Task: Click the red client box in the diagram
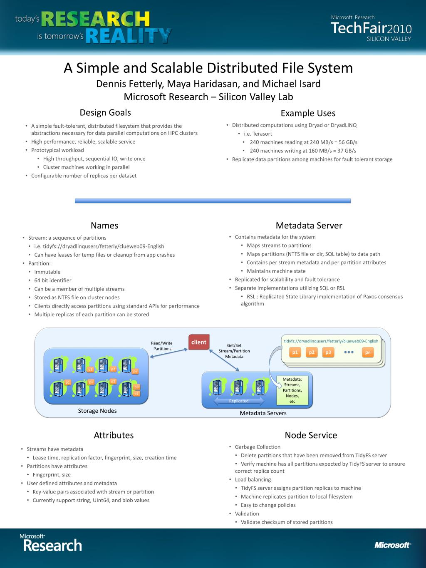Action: (198, 342)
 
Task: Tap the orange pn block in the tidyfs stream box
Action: (368, 352)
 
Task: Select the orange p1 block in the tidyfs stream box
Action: (295, 352)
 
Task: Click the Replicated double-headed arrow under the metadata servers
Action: (239, 401)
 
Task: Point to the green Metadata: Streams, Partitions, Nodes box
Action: (292, 390)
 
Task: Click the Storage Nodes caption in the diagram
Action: (97, 411)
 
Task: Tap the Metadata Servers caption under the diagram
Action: (263, 413)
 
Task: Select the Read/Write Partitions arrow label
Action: (162, 346)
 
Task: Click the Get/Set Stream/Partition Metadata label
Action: (234, 351)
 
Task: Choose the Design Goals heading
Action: (105, 112)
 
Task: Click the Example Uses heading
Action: (308, 113)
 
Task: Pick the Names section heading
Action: (104, 226)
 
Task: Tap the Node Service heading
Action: (311, 435)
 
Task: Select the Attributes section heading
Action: (114, 435)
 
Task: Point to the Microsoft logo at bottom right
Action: (392, 545)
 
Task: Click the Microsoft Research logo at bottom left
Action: (51, 543)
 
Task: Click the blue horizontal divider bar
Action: (213, 201)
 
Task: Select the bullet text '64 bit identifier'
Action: (53, 280)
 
